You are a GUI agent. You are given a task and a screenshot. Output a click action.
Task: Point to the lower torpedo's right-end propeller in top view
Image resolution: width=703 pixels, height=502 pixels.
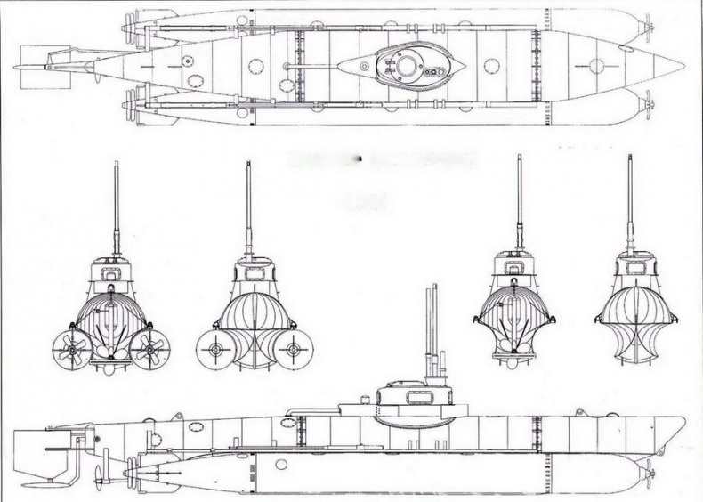pyautogui.click(x=647, y=104)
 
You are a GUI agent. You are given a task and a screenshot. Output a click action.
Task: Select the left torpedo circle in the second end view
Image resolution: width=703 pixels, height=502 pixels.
pyautogui.click(x=213, y=351)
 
